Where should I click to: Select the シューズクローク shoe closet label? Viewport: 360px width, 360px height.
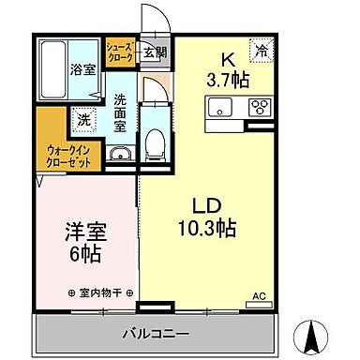pyautogui.click(x=118, y=52)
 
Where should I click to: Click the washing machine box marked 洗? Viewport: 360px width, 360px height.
pyautogui.click(x=82, y=120)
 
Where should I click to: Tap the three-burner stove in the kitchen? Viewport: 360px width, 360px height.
pyautogui.click(x=259, y=107)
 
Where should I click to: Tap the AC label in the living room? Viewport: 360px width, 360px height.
pyautogui.click(x=259, y=297)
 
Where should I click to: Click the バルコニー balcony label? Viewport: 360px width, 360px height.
pyautogui.click(x=156, y=333)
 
